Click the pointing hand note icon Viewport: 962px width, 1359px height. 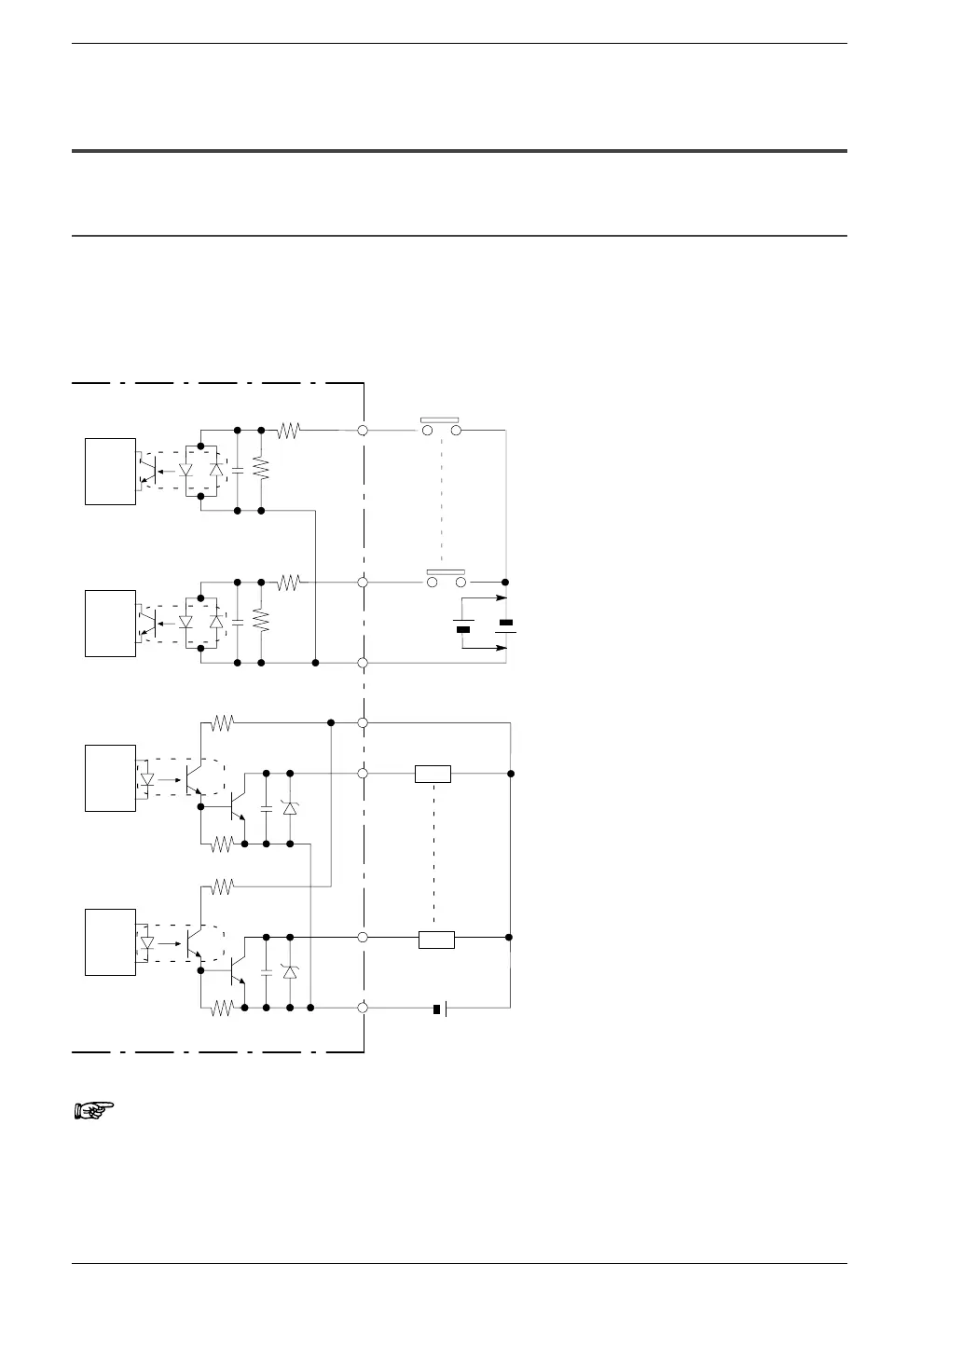tap(93, 1109)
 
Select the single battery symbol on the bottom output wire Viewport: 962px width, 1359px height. tap(441, 1008)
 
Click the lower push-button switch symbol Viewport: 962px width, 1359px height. tap(445, 578)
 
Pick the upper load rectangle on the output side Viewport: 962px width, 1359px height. tap(433, 774)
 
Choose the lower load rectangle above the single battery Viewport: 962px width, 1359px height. tap(436, 939)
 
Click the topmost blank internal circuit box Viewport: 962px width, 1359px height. tap(111, 471)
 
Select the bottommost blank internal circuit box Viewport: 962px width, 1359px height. tap(111, 942)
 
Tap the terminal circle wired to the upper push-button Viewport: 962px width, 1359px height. tap(363, 431)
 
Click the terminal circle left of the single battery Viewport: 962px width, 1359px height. tap(363, 1008)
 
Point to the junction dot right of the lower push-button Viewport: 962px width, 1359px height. tap(505, 582)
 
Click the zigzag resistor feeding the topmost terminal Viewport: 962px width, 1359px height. tap(289, 431)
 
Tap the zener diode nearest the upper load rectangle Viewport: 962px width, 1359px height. tap(289, 807)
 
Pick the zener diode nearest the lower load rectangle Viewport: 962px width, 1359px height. tap(289, 971)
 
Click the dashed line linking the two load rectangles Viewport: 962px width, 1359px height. tap(433, 856)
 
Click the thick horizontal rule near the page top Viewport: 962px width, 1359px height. tap(460, 150)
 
